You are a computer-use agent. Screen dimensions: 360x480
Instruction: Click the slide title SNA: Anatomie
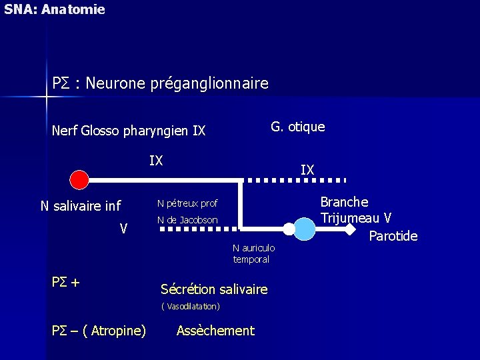click(x=54, y=9)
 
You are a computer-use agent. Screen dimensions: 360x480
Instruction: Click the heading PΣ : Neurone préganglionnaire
click(x=160, y=83)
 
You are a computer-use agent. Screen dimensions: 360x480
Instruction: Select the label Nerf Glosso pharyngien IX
click(x=128, y=131)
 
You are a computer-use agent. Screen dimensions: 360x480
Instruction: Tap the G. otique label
click(x=297, y=127)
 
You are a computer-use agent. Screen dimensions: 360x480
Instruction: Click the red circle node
click(x=79, y=180)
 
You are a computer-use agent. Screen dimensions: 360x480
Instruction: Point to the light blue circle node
click(x=305, y=229)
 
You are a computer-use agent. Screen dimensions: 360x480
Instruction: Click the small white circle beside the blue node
click(x=288, y=229)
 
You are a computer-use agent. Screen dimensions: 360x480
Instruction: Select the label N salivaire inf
click(x=81, y=206)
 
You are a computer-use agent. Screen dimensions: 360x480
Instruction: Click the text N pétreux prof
click(x=187, y=203)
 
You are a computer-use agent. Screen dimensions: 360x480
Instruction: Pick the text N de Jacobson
click(x=187, y=220)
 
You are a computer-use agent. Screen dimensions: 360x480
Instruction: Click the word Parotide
click(x=393, y=236)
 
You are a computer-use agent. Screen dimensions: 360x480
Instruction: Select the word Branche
click(x=344, y=201)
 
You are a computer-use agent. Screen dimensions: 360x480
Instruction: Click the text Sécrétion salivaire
click(x=214, y=289)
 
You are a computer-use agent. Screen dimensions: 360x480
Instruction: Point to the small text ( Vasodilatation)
click(x=191, y=307)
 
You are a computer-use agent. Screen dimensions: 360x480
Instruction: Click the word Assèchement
click(x=215, y=331)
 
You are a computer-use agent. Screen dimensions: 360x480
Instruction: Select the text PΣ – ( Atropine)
click(x=99, y=331)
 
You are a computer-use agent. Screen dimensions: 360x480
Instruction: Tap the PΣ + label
click(x=66, y=283)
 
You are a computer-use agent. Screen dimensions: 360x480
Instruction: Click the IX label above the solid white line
click(x=156, y=161)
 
